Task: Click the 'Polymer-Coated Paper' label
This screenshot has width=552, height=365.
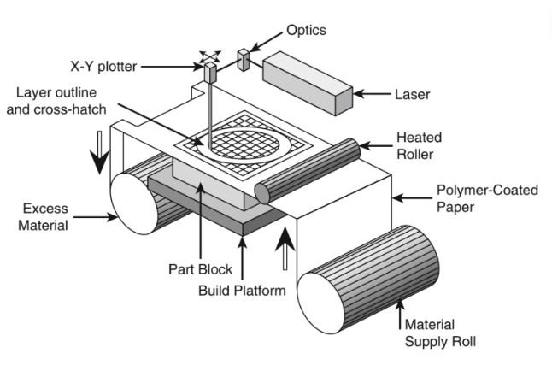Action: pyautogui.click(x=487, y=197)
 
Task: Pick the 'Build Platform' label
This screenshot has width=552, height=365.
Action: pyautogui.click(x=241, y=291)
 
